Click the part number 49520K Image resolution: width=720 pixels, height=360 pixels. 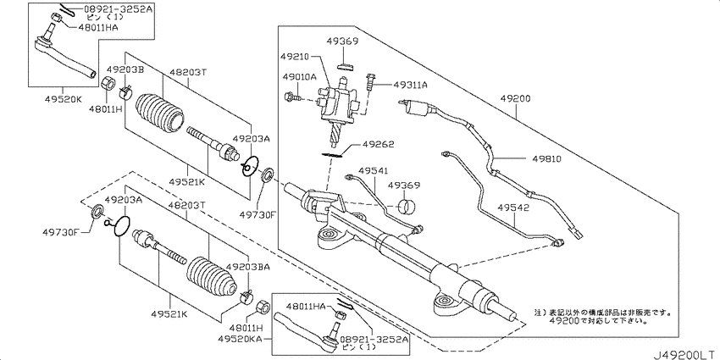point(64,98)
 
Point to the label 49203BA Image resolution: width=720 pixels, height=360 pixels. point(247,267)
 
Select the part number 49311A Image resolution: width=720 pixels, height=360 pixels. point(410,85)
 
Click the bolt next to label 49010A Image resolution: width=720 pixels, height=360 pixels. point(292,97)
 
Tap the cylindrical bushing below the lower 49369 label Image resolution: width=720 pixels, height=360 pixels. point(407,206)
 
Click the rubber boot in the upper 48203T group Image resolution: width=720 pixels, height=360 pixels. point(160,114)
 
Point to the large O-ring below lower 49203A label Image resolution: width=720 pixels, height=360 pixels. point(121,226)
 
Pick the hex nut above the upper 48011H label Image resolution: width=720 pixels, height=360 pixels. point(108,84)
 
